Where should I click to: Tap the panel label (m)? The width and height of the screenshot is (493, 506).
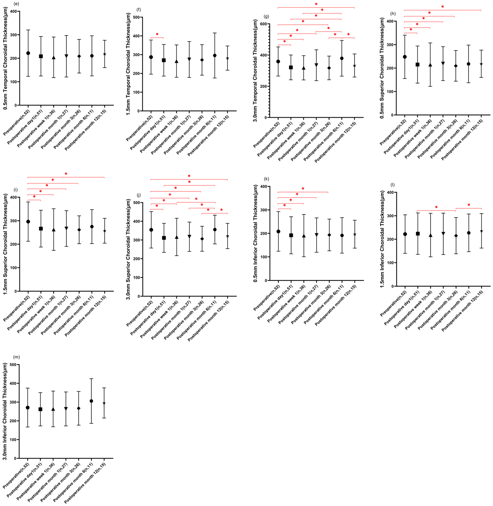tap(16, 357)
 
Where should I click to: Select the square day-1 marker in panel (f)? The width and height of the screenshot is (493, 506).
tap(164, 60)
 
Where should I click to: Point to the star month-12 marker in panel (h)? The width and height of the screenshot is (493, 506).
tap(481, 64)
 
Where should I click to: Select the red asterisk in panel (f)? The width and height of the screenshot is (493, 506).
tap(157, 34)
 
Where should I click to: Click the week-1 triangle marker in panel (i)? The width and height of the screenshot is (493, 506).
tap(54, 230)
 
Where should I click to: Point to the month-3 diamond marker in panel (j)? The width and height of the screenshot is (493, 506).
tap(202, 239)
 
